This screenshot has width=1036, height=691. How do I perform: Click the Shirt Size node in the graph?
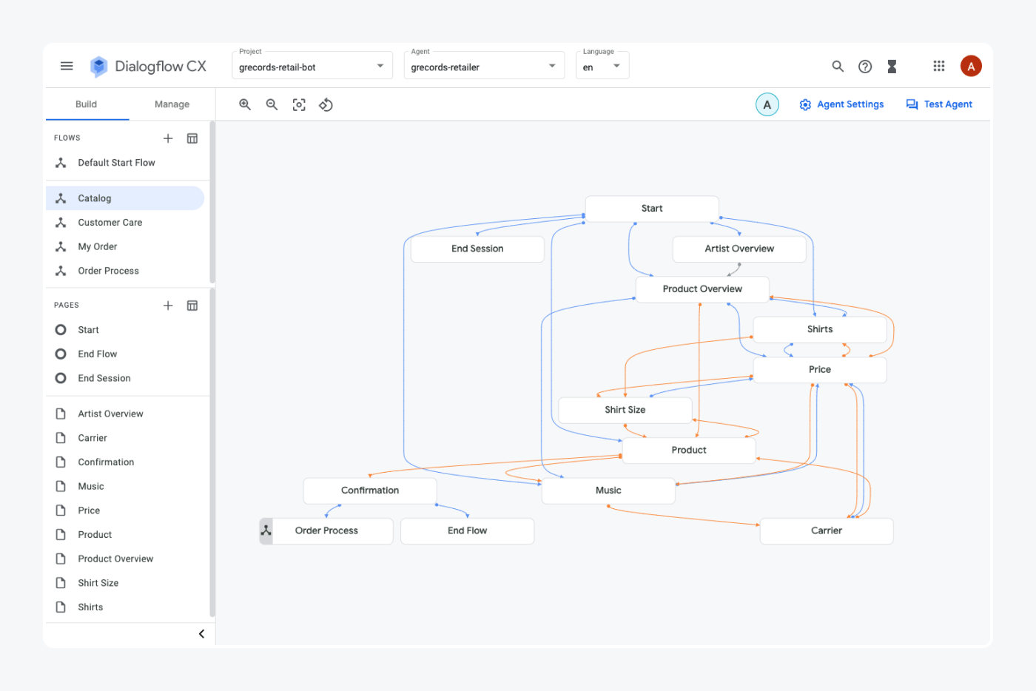[x=625, y=410]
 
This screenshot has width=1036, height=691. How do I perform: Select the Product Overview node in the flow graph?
[x=702, y=289]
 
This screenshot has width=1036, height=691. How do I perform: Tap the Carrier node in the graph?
[x=826, y=531]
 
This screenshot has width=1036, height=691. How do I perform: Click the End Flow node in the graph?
[x=467, y=531]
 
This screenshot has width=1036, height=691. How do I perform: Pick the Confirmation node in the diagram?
[x=369, y=491]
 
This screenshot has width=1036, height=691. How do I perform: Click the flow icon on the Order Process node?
[x=266, y=531]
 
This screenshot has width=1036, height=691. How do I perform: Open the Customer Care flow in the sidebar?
[x=110, y=223]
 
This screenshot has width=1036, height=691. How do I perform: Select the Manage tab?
[x=172, y=104]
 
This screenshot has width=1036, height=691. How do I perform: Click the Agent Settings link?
[x=841, y=104]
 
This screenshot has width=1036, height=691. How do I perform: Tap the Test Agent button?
[x=939, y=104]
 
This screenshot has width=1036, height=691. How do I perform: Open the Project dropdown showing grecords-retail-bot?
[x=312, y=67]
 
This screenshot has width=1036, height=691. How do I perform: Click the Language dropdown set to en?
[x=602, y=67]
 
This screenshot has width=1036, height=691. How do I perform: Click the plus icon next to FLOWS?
[x=168, y=138]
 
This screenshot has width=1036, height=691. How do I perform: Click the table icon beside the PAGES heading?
[x=192, y=306]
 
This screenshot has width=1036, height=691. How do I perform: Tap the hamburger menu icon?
[x=67, y=66]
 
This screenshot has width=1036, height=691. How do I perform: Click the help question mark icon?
[x=864, y=67]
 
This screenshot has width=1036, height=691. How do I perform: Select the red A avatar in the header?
[x=970, y=67]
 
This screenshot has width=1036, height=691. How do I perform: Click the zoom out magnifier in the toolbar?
[x=272, y=105]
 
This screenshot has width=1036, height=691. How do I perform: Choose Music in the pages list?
[x=91, y=487]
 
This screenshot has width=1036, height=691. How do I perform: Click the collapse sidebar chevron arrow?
[x=201, y=634]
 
